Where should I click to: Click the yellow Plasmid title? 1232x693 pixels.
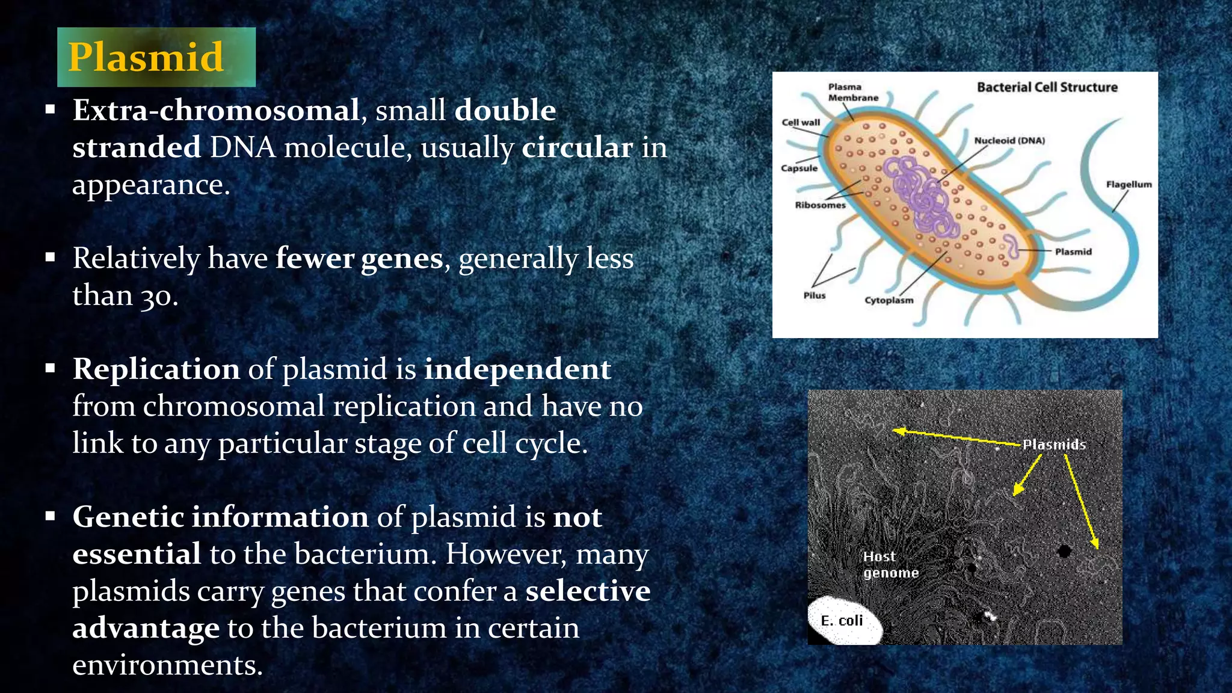pyautogui.click(x=146, y=57)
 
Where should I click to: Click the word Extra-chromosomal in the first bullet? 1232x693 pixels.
pyautogui.click(x=216, y=110)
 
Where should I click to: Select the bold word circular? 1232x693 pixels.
pyautogui.click(x=577, y=147)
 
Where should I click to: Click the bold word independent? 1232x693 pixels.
pyautogui.click(x=517, y=369)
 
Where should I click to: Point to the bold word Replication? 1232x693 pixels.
pyautogui.click(x=156, y=369)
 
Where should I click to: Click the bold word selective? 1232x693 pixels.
pyautogui.click(x=588, y=591)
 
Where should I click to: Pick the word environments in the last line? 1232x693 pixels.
pyautogui.click(x=167, y=665)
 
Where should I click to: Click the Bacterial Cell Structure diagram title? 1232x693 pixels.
pyautogui.click(x=1047, y=87)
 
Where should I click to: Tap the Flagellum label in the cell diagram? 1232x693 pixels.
pyautogui.click(x=1129, y=185)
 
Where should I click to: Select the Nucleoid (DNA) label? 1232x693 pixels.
pyautogui.click(x=1009, y=141)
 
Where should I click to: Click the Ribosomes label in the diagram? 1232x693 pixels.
pyautogui.click(x=820, y=205)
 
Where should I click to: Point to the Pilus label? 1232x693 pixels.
pyautogui.click(x=814, y=295)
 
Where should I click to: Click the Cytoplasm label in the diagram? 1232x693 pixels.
pyautogui.click(x=889, y=300)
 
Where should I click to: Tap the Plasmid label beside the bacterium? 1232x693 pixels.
pyautogui.click(x=1073, y=251)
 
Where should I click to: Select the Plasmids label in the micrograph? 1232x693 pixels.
pyautogui.click(x=1054, y=445)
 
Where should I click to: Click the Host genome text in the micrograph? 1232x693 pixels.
pyautogui.click(x=890, y=565)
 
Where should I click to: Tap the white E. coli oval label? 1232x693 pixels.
pyautogui.click(x=842, y=621)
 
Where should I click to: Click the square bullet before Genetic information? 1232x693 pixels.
pyautogui.click(x=50, y=516)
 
